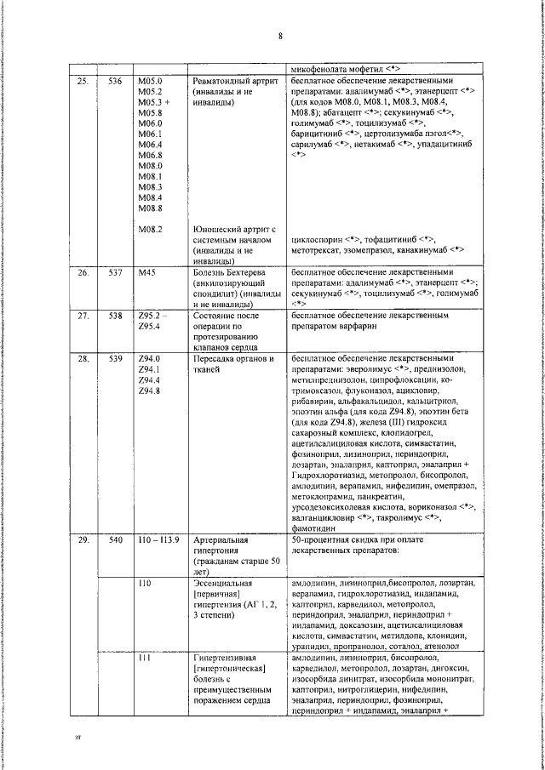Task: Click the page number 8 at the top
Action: [279, 35]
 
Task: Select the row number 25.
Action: [83, 81]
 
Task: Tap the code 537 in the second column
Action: [116, 273]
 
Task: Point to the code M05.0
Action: [149, 81]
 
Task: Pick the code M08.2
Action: [149, 229]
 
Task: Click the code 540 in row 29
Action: [116, 541]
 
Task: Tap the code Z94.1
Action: [149, 370]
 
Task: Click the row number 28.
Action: [83, 360]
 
